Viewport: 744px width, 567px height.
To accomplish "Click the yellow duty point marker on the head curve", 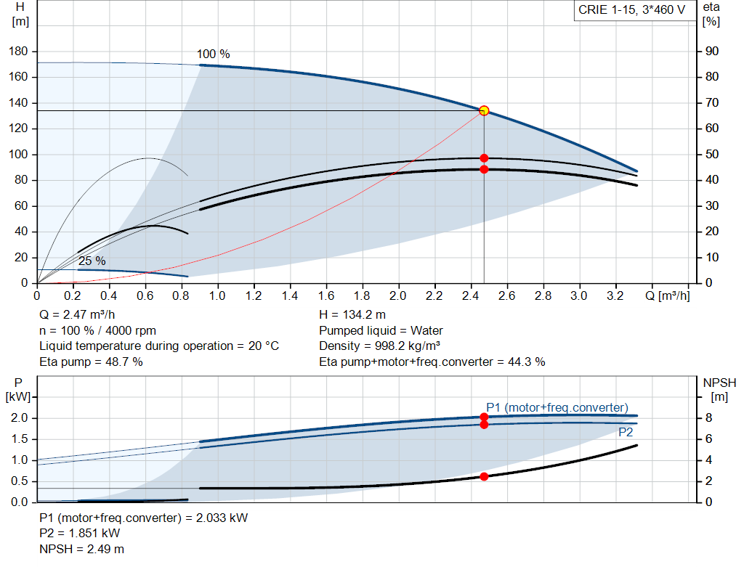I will click(484, 111).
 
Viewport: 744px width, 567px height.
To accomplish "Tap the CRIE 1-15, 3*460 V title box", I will click(631, 11).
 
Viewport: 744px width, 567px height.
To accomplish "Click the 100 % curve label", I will click(214, 54).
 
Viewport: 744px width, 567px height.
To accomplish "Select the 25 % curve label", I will click(92, 261).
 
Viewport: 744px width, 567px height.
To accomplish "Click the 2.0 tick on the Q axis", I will click(398, 296).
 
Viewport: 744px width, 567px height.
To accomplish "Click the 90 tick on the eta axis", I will click(708, 52).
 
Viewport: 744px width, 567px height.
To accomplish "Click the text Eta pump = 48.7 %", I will click(91, 361).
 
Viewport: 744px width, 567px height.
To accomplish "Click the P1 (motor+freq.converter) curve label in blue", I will click(557, 407).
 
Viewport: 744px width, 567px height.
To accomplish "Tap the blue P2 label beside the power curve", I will click(626, 432).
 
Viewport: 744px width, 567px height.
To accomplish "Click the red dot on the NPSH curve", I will click(484, 476).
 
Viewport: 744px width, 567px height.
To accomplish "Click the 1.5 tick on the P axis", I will click(20, 439).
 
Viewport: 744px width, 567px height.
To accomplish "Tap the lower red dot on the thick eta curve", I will click(484, 169).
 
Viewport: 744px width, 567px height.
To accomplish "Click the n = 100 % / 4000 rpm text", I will click(97, 330).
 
